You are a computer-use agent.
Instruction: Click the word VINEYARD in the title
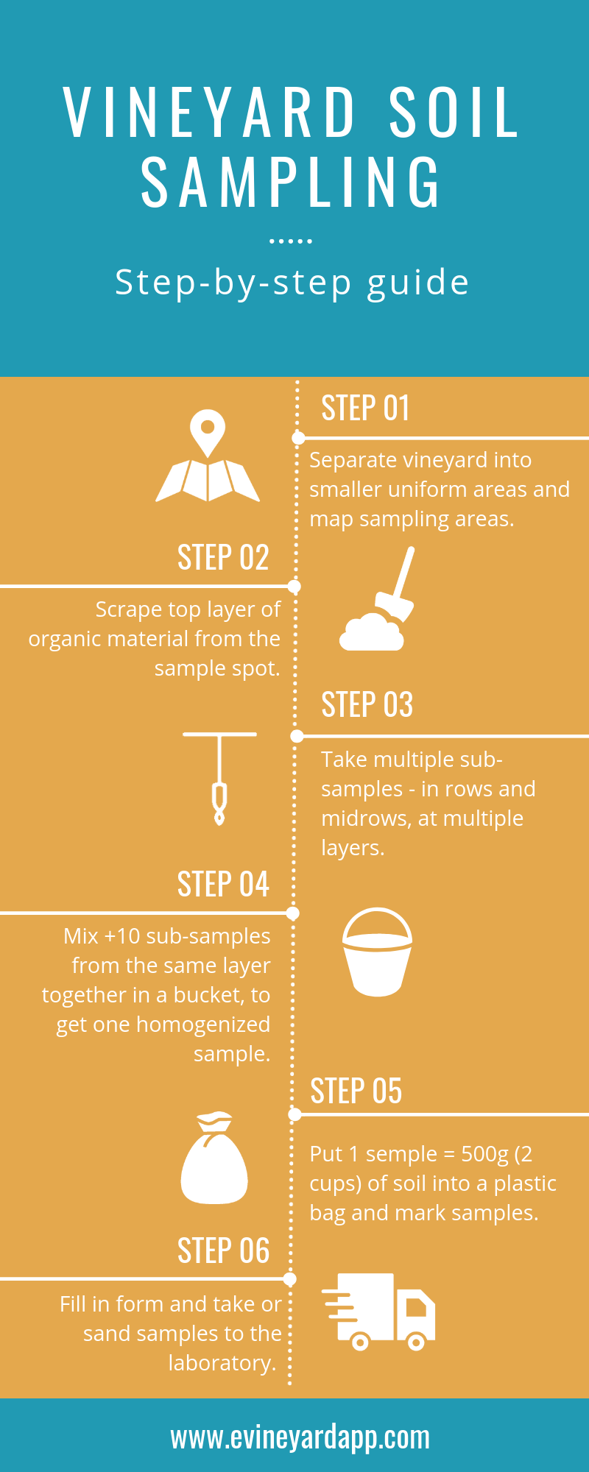tap(210, 112)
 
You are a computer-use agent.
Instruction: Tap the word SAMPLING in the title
tap(291, 182)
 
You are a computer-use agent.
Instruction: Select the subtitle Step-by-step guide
tap(292, 283)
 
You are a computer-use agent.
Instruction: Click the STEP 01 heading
tap(365, 408)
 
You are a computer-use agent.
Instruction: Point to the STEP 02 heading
tap(223, 557)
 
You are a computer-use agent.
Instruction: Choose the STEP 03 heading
tap(367, 704)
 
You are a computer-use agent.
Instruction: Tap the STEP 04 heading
tap(223, 884)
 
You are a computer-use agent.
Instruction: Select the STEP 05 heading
tap(356, 1091)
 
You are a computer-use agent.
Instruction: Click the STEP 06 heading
tap(223, 1250)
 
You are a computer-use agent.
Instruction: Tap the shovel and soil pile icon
tap(377, 600)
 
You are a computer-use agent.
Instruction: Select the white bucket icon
tap(377, 952)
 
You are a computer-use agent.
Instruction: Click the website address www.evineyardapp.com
tap(300, 1437)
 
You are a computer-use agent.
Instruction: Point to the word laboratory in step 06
tap(222, 1363)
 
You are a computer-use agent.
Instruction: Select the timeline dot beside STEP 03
tap(297, 736)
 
